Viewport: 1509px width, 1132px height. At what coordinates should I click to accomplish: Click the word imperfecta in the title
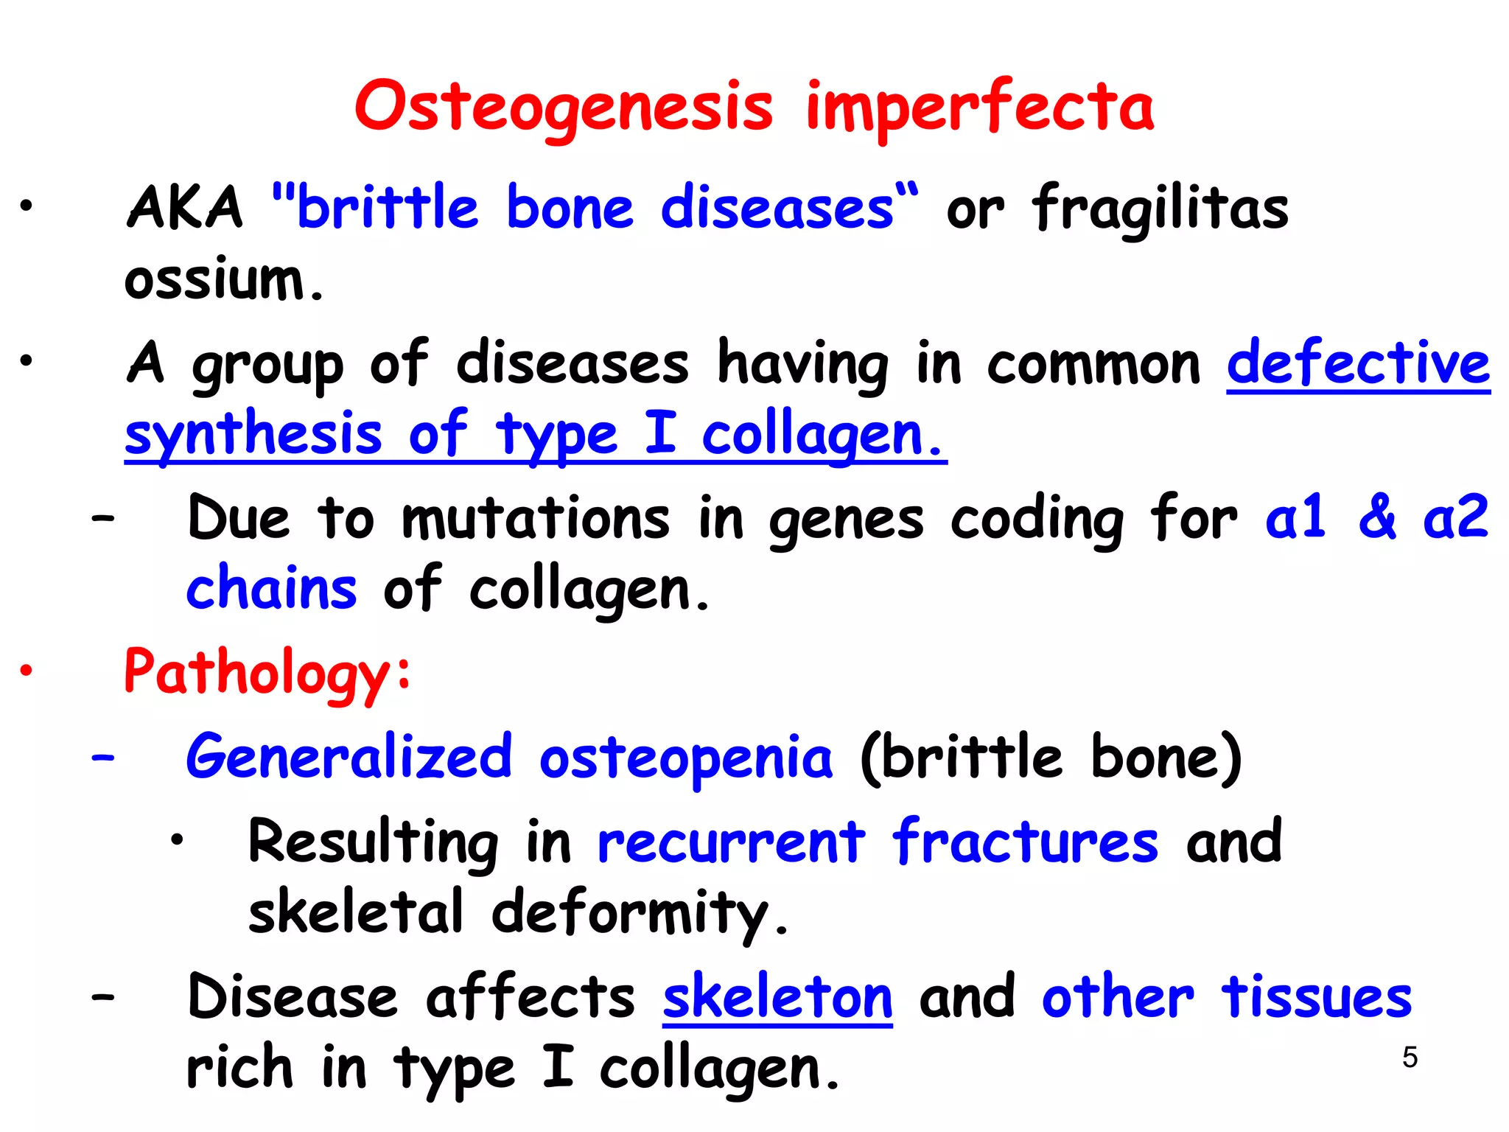pyautogui.click(x=980, y=108)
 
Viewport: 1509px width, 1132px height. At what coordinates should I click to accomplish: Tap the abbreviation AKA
pyautogui.click(x=184, y=208)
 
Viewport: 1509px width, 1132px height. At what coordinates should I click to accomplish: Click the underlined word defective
pyautogui.click(x=1358, y=363)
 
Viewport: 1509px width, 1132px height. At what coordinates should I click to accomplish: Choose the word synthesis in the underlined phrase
pyautogui.click(x=253, y=435)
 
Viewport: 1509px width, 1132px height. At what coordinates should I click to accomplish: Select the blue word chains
pyautogui.click(x=271, y=589)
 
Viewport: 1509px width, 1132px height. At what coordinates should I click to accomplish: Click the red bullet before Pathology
pyautogui.click(x=27, y=671)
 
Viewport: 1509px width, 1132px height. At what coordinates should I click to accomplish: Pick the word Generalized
pyautogui.click(x=349, y=757)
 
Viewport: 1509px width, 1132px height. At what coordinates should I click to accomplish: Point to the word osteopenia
pyautogui.click(x=686, y=758)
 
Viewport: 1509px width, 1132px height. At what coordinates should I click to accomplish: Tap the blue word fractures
pyautogui.click(x=1025, y=842)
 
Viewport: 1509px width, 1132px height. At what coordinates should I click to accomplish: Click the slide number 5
pyautogui.click(x=1410, y=1058)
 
